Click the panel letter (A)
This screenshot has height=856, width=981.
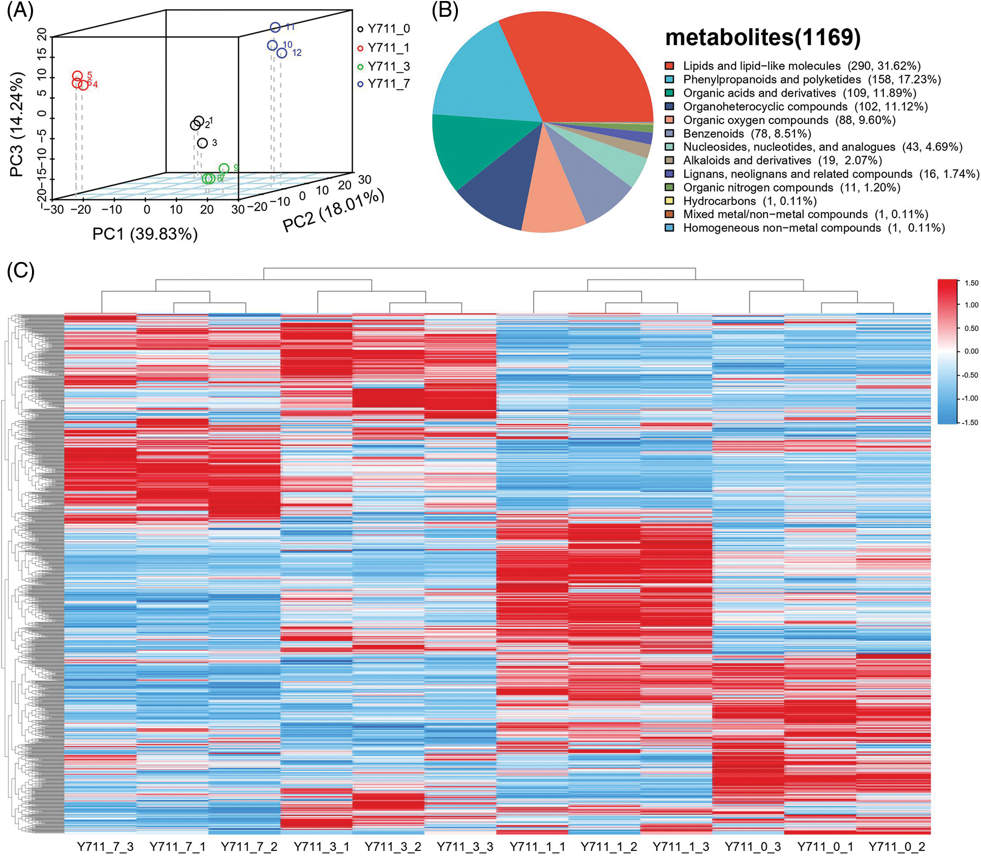(x=20, y=11)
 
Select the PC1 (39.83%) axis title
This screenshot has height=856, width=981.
(x=145, y=234)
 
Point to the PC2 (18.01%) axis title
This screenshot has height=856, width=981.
(x=333, y=210)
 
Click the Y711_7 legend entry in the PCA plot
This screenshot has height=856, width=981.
(x=384, y=84)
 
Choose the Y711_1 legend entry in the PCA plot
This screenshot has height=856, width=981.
(x=384, y=48)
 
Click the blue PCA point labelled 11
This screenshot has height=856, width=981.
(x=275, y=27)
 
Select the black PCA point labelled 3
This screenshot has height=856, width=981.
(x=202, y=143)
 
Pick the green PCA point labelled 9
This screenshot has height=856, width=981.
(x=224, y=168)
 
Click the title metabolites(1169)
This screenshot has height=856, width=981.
(x=762, y=37)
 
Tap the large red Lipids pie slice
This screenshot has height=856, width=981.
(x=579, y=66)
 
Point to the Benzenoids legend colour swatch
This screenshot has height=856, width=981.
(x=669, y=134)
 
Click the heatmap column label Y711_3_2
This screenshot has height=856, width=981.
(x=393, y=846)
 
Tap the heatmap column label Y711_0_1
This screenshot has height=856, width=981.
(x=824, y=846)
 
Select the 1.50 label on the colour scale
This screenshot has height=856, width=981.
(x=971, y=283)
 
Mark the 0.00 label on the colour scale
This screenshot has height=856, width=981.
(x=971, y=351)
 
